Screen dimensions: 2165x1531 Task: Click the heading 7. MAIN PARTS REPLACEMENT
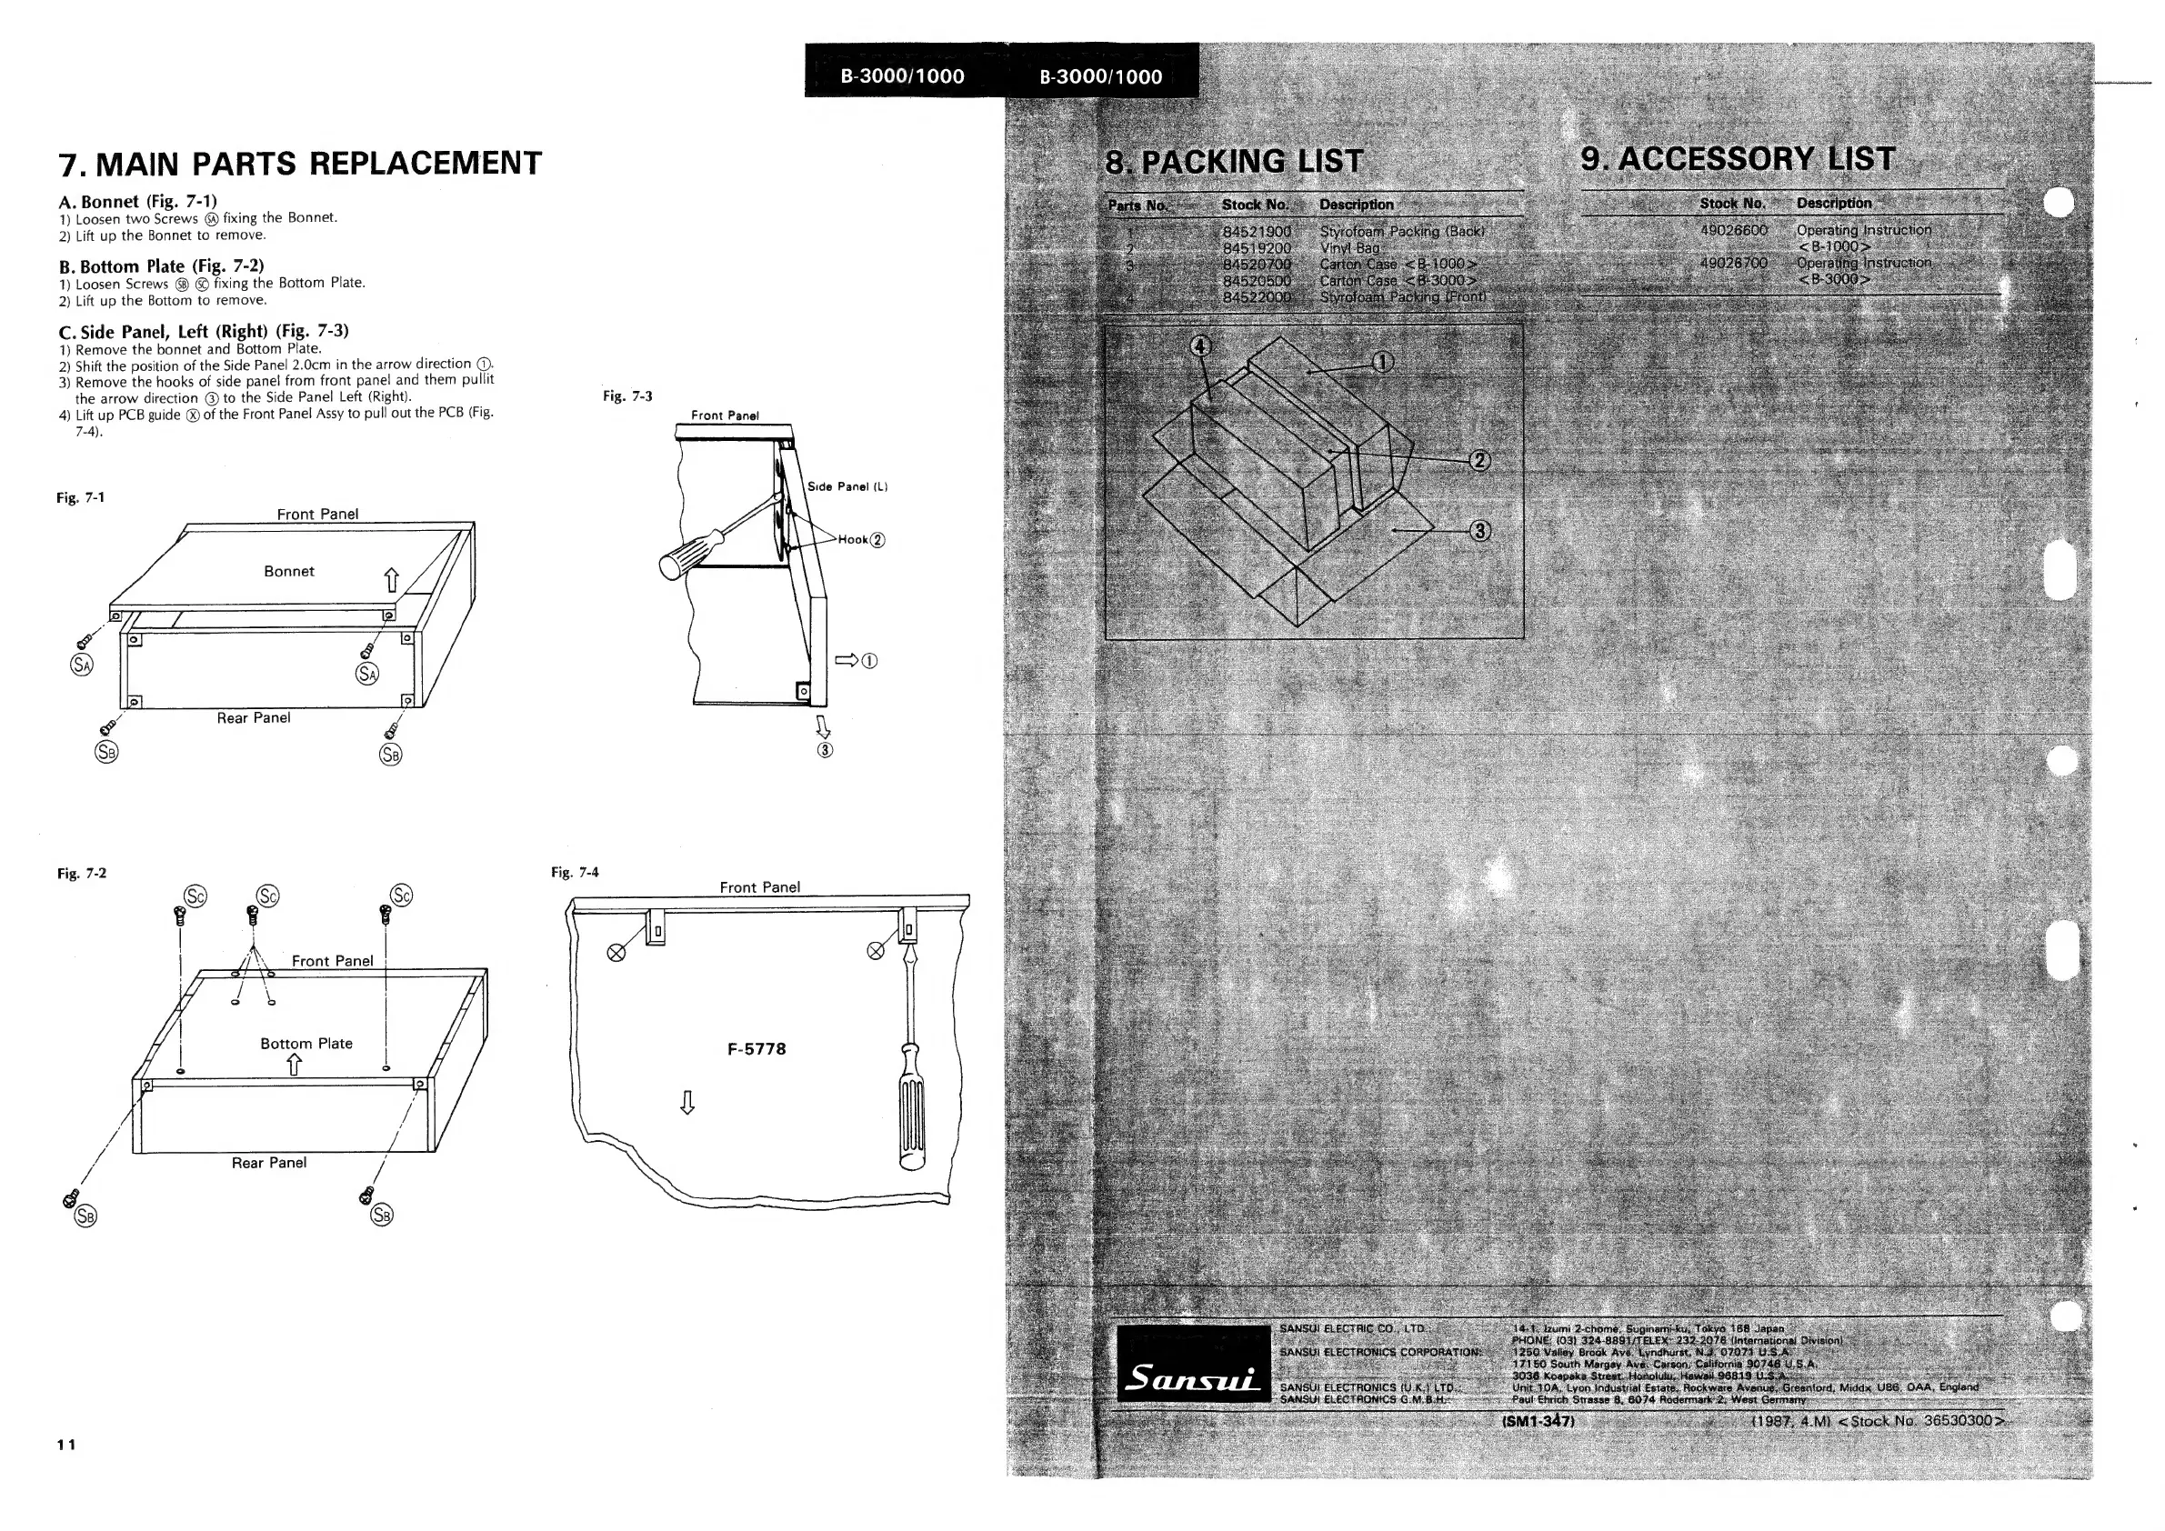(x=300, y=163)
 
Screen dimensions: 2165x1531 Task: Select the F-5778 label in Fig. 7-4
(x=757, y=1049)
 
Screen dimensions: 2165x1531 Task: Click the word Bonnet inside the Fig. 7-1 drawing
(x=288, y=571)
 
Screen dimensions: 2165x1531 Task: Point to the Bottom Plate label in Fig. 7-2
(x=306, y=1044)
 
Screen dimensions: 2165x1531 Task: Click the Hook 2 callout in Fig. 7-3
(x=861, y=540)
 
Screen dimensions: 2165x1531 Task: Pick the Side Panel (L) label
(x=847, y=486)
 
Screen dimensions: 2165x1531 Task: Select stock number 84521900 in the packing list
(x=1256, y=232)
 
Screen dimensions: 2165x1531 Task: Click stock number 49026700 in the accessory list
(x=1733, y=264)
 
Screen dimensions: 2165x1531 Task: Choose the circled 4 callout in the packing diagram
(x=1199, y=346)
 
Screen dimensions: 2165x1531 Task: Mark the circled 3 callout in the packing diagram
(x=1480, y=531)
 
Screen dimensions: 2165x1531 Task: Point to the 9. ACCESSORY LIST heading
(x=1737, y=158)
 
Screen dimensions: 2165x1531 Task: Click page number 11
(x=66, y=1445)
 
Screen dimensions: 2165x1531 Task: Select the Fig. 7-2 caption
(x=82, y=874)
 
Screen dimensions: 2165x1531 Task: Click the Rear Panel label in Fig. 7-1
(x=254, y=718)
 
